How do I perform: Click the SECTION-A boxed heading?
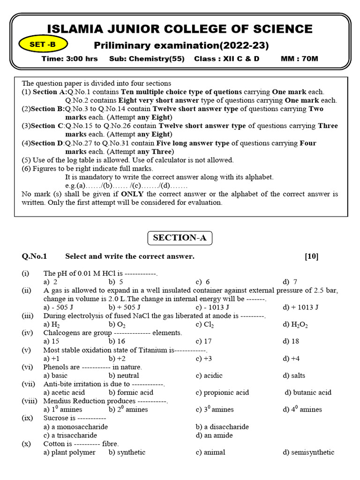coord(180,238)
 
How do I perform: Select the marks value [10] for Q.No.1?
coord(311,256)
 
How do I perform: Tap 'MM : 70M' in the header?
coord(299,59)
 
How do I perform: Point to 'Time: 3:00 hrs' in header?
coord(69,59)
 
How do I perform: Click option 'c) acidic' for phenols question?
coord(209,375)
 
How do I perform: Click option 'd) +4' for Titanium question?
coord(291,359)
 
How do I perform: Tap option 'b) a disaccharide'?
coord(222,427)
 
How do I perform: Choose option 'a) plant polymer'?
coord(69,452)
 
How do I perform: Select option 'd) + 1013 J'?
coord(300,307)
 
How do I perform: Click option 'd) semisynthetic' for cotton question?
coord(308,452)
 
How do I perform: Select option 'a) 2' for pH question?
coord(51,282)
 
